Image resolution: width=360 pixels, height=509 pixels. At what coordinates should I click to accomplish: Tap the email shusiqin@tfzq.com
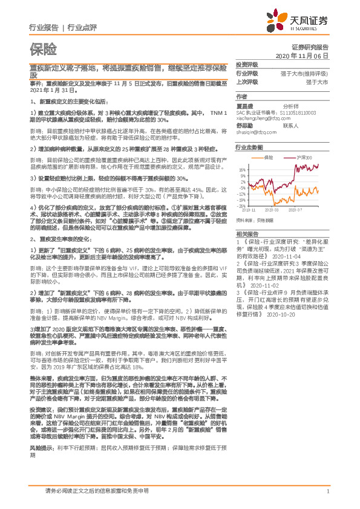point(257,131)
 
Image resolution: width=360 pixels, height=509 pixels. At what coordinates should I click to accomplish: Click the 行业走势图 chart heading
point(249,148)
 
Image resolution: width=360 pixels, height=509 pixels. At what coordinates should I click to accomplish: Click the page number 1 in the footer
point(327,491)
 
